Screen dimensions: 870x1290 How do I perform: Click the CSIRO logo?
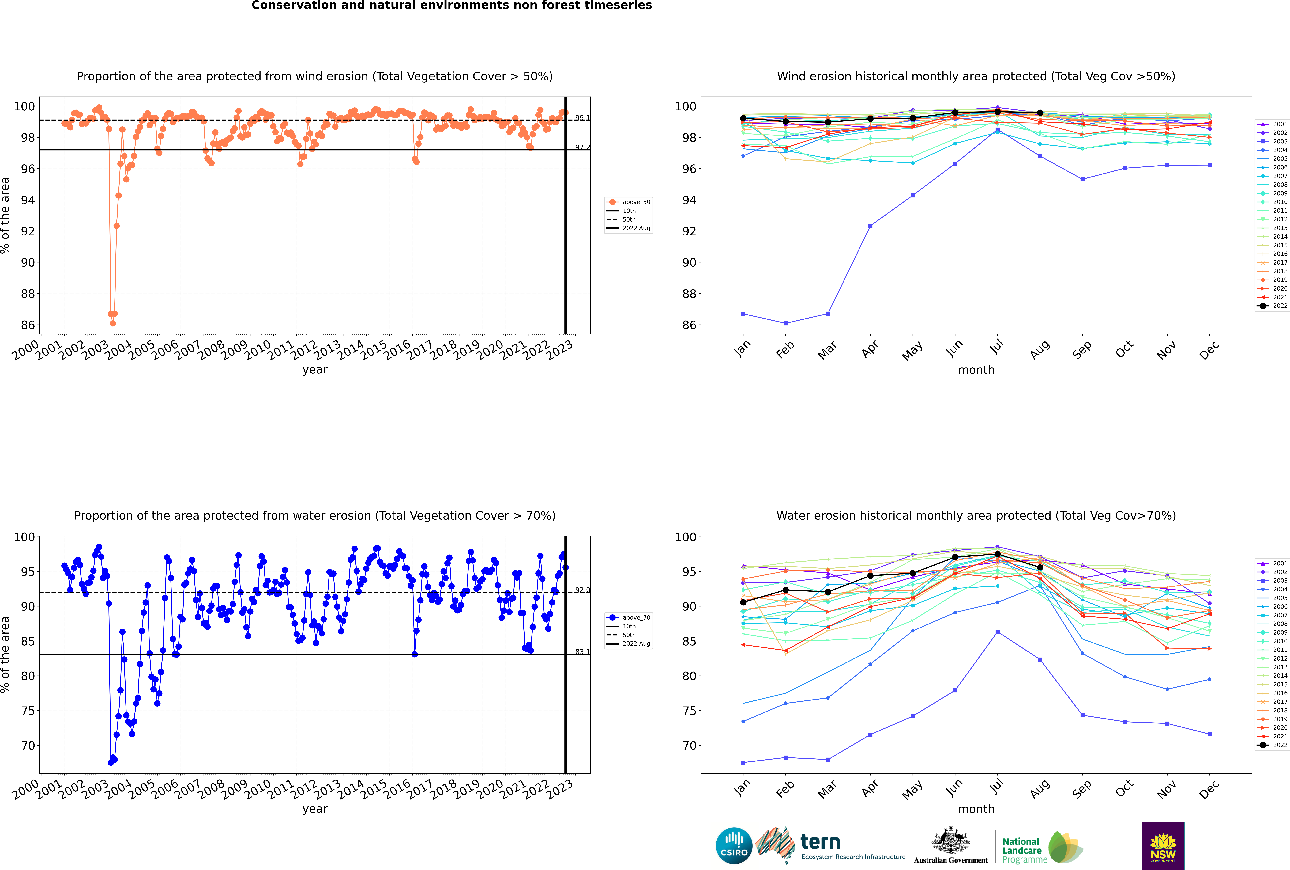[734, 846]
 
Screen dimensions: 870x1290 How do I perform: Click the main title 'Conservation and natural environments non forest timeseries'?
[451, 6]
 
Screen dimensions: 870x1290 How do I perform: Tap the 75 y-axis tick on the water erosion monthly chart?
[689, 711]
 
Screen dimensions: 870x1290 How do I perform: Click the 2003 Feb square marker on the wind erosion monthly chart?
[785, 323]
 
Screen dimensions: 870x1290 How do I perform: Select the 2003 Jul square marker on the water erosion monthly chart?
[997, 632]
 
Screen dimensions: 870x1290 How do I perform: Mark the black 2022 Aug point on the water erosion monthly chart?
[1040, 568]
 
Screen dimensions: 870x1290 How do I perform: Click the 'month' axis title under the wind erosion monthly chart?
[976, 370]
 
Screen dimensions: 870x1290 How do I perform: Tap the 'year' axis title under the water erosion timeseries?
[314, 809]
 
